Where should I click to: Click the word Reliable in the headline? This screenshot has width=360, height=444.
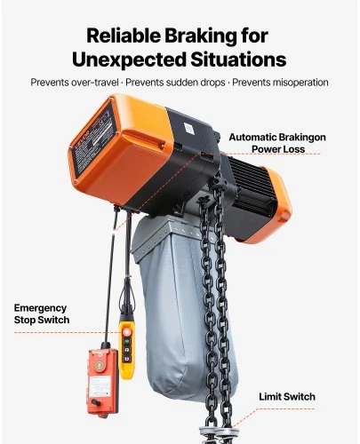(x=124, y=36)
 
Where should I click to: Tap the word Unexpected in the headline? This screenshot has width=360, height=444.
(x=129, y=59)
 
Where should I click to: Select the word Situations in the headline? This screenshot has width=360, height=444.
(x=238, y=59)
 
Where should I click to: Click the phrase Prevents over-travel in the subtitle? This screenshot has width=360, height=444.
(x=75, y=83)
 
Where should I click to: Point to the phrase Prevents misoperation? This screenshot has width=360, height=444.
(x=280, y=83)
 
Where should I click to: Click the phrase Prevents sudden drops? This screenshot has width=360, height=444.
(x=175, y=83)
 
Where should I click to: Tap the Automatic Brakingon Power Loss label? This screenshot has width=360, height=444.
(x=277, y=143)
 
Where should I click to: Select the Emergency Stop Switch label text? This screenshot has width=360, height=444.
(x=42, y=313)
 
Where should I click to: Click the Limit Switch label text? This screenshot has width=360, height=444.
(x=287, y=397)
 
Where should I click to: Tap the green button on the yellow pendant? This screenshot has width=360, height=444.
(x=126, y=341)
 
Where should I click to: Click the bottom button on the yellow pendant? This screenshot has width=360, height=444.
(x=126, y=359)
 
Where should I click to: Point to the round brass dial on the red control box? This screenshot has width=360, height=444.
(x=100, y=366)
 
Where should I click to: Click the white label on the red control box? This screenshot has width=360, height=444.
(x=100, y=386)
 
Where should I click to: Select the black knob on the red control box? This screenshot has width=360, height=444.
(x=96, y=402)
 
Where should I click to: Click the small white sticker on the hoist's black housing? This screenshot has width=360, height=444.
(x=188, y=129)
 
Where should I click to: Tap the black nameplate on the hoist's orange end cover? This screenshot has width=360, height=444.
(x=94, y=139)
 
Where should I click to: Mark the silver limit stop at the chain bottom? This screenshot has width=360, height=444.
(x=218, y=435)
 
